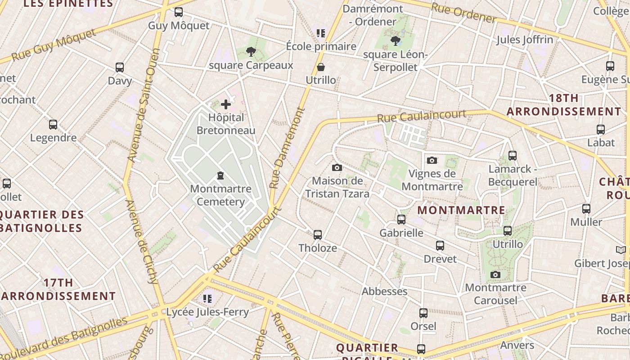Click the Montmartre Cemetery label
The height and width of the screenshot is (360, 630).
point(220,195)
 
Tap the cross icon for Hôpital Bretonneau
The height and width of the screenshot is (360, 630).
point(226,105)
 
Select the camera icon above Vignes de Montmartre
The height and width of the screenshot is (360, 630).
point(432,160)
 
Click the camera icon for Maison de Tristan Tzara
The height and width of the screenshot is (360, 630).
point(337,168)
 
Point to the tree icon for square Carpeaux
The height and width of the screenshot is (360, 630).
point(251,52)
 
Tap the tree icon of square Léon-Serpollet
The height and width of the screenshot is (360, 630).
point(396,41)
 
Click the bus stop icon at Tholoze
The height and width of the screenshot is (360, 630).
point(318,235)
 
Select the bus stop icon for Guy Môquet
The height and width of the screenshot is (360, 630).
point(179,12)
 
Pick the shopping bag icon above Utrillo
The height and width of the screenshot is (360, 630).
point(321,67)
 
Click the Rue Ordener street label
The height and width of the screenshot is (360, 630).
point(463,13)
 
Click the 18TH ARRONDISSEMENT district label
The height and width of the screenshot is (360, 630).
point(564,105)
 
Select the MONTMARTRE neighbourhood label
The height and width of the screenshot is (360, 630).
point(461,210)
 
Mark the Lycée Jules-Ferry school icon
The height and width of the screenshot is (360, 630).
point(207,298)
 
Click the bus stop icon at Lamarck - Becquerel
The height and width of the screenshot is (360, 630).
point(512,156)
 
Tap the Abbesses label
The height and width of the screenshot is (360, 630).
point(385,291)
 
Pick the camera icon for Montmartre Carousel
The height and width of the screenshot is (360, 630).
point(495,274)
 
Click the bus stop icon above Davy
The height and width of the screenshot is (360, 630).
point(120,67)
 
